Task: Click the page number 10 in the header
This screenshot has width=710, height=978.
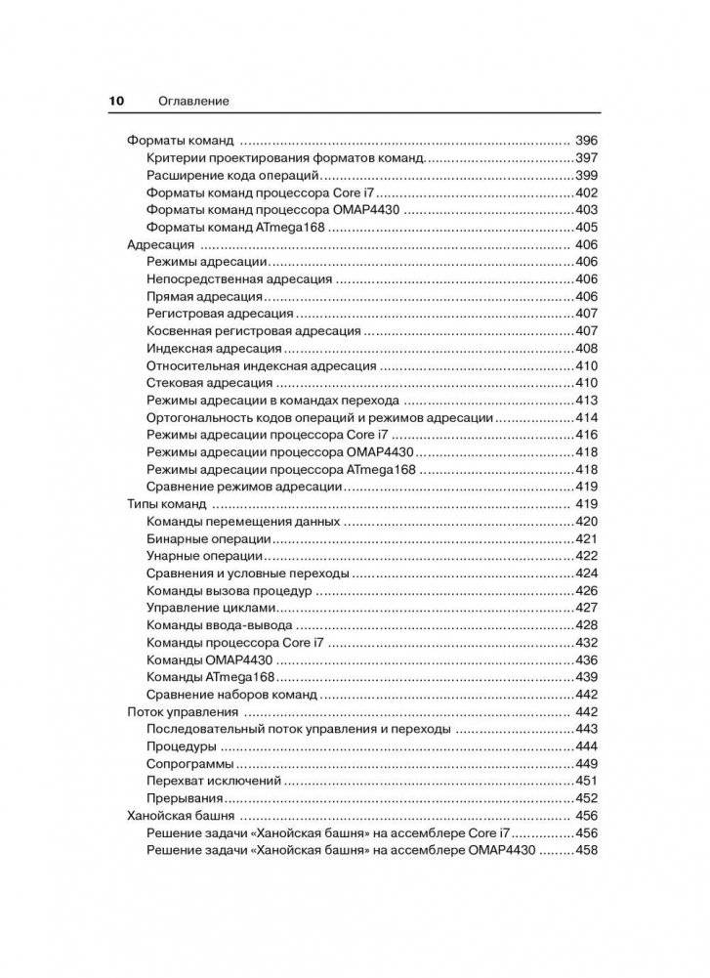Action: [x=115, y=101]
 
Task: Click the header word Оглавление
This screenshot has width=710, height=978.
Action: [x=192, y=101]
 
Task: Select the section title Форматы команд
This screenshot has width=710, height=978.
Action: [x=183, y=141]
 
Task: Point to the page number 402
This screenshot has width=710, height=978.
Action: [x=586, y=192]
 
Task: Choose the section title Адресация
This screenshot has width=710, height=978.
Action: [x=161, y=244]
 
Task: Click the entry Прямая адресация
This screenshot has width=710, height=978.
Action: [x=203, y=296]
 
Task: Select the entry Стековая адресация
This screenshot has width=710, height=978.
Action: [x=209, y=383]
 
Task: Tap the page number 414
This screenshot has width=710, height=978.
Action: [x=586, y=417]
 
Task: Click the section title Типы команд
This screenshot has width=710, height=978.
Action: [x=167, y=504]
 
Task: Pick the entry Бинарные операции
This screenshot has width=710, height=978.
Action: [x=208, y=539]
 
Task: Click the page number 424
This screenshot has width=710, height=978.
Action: [x=586, y=574]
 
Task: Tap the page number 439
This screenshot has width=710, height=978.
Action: [x=586, y=677]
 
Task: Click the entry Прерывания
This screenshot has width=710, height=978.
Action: [x=188, y=798]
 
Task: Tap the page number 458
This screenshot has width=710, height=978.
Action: [x=586, y=850]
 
